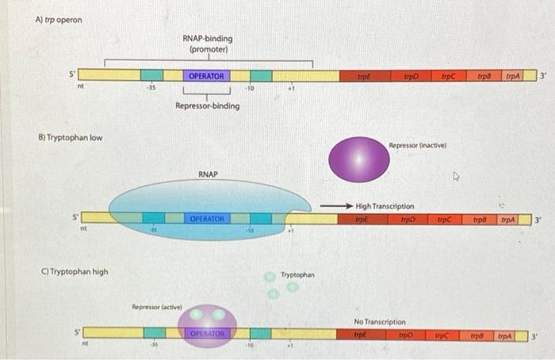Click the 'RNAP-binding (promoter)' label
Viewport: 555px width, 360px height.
click(x=208, y=44)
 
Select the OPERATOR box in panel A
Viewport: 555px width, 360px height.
click(x=207, y=76)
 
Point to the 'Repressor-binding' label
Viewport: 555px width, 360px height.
click(x=208, y=105)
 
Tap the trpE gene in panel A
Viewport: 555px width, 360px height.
click(x=365, y=76)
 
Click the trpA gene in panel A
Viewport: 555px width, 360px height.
click(x=513, y=76)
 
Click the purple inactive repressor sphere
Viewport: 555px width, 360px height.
click(x=359, y=159)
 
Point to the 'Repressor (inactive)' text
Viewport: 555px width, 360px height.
click(x=418, y=146)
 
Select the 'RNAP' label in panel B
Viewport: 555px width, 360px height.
click(x=208, y=174)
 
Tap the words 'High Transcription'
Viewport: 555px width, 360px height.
click(x=385, y=206)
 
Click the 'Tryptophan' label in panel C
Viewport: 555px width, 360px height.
click(x=297, y=275)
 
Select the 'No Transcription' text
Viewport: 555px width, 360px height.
click(x=380, y=322)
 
